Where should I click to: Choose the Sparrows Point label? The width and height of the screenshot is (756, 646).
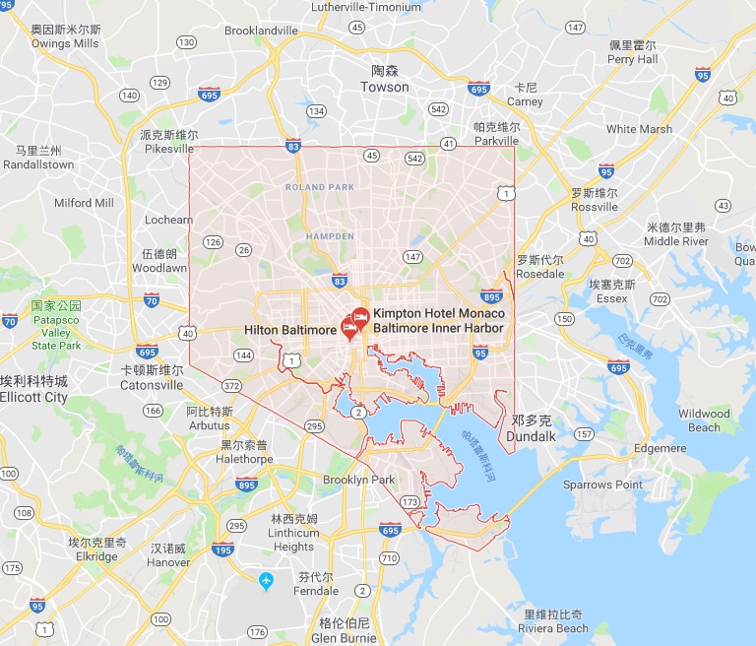(x=602, y=484)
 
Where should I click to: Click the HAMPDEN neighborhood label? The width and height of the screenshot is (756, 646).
(x=330, y=236)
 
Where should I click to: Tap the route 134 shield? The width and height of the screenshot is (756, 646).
(x=316, y=111)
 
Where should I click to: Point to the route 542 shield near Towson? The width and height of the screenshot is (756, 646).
(x=439, y=109)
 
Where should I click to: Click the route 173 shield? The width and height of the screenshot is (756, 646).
(x=409, y=502)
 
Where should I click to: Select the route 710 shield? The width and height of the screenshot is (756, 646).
(x=388, y=558)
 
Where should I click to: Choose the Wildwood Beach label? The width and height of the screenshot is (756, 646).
(x=704, y=420)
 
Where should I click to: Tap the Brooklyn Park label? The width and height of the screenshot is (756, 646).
(x=358, y=480)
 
